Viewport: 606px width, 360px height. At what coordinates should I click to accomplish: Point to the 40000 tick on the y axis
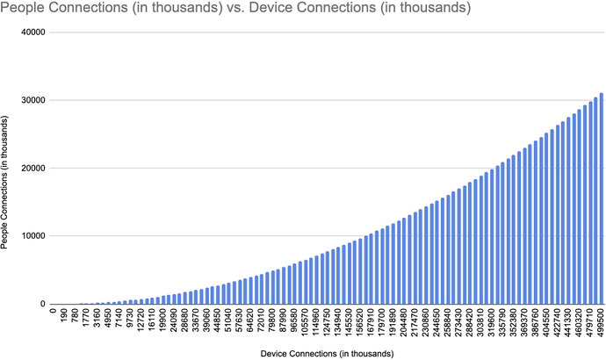click(x=32, y=32)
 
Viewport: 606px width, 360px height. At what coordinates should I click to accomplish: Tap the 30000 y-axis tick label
click(x=32, y=100)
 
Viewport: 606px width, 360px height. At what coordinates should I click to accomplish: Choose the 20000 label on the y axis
click(x=32, y=169)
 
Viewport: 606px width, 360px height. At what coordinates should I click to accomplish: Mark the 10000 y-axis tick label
click(x=32, y=236)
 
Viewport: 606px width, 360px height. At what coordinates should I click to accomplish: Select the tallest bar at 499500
click(x=602, y=198)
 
